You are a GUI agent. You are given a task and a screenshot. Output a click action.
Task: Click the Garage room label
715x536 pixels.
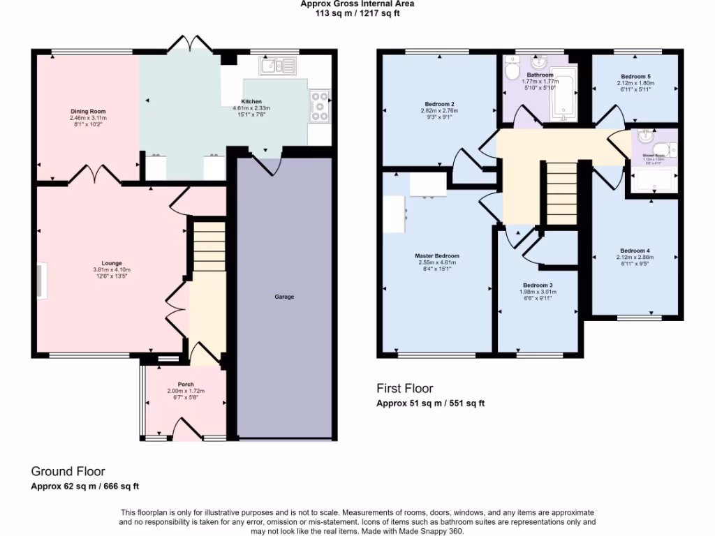point(284,297)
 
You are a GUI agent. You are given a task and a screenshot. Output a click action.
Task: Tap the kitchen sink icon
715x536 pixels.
point(278,66)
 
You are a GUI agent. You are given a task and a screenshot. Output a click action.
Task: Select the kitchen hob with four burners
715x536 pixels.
point(320,107)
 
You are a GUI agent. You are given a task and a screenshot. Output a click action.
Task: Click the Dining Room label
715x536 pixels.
point(88,112)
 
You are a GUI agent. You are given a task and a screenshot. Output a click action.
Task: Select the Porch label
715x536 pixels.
point(186,385)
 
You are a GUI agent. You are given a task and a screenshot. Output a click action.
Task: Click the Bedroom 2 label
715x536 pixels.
point(438,103)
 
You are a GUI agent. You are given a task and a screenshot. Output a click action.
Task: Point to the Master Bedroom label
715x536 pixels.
point(437,256)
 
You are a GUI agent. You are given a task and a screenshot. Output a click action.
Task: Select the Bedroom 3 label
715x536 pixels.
point(538,285)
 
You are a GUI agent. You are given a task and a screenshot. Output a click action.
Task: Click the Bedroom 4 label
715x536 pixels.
point(635,251)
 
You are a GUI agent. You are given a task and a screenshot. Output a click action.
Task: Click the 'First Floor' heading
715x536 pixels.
point(405,389)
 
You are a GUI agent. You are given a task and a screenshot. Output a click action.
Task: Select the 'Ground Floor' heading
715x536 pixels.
point(68,472)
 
